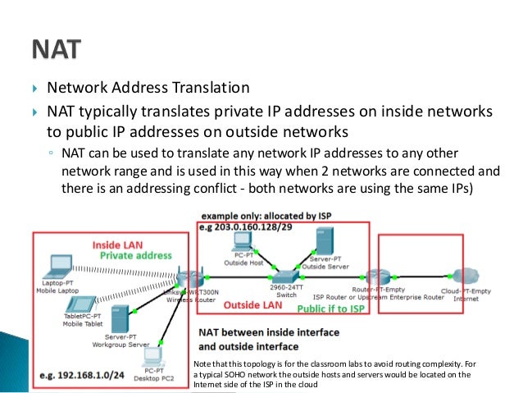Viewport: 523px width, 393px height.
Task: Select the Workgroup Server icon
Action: pos(121,318)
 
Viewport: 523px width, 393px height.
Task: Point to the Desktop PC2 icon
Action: pos(153,356)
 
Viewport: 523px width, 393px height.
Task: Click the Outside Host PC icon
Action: pos(242,241)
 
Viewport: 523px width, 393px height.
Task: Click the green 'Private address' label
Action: pos(135,255)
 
